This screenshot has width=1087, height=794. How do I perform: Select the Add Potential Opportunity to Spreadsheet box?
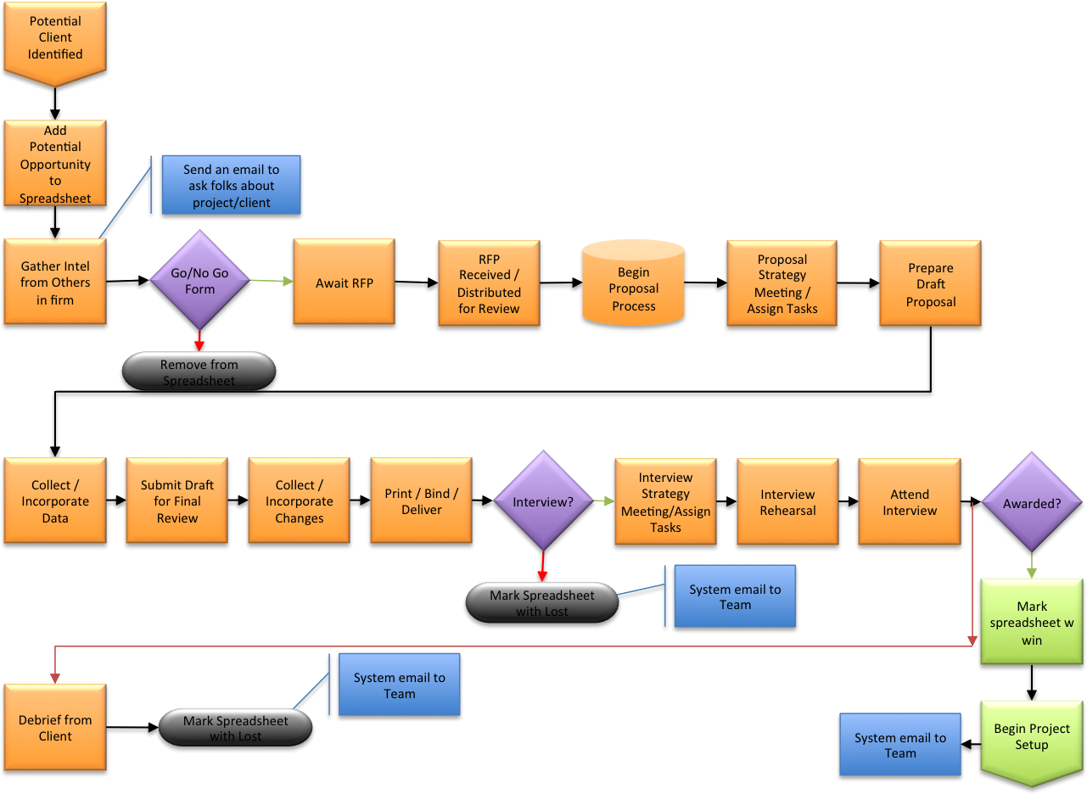coord(55,163)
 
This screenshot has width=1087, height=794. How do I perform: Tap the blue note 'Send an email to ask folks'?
coord(231,185)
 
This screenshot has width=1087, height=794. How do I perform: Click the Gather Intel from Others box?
coord(55,282)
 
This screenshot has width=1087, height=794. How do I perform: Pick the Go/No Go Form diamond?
coord(199,280)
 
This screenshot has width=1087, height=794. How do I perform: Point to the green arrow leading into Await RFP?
coord(272,281)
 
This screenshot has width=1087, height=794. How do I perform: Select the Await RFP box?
coord(344,282)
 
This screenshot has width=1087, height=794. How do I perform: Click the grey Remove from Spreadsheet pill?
coord(199,372)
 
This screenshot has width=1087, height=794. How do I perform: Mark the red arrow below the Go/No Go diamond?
coord(199,339)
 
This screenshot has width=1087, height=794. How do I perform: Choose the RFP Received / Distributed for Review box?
coord(489,283)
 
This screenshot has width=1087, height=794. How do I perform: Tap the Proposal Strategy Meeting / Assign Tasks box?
coord(782,283)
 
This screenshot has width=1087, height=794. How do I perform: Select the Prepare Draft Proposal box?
coord(930,283)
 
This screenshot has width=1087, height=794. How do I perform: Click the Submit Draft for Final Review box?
coord(176,500)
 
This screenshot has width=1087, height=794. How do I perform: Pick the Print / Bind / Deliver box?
coord(421,500)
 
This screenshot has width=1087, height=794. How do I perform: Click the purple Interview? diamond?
coord(543,501)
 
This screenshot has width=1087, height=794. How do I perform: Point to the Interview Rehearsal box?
coord(787,501)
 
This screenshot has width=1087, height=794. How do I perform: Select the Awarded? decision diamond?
coord(1032,502)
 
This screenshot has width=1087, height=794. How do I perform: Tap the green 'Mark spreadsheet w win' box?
coord(1032,622)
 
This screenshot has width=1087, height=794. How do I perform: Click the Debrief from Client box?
coord(55,727)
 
